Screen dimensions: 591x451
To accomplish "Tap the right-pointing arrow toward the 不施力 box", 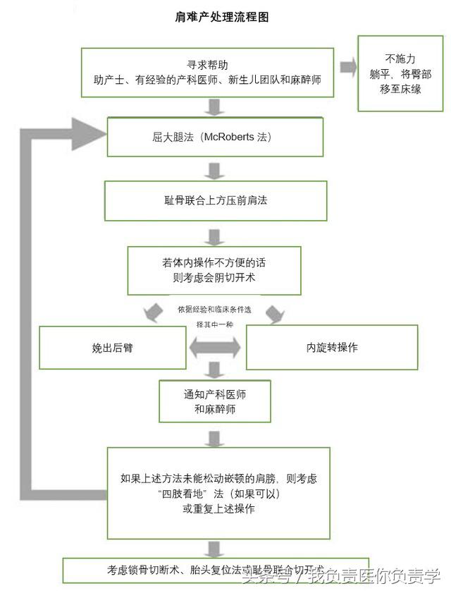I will [x=347, y=68].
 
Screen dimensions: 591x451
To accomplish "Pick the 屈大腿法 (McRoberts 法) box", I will [x=214, y=137].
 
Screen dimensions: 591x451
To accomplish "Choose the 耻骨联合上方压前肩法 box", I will [x=215, y=200].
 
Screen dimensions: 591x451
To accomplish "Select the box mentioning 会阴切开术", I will [x=214, y=269].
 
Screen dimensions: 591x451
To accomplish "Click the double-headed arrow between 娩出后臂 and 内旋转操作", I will [x=214, y=347].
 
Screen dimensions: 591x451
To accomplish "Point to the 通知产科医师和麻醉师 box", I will [x=214, y=401].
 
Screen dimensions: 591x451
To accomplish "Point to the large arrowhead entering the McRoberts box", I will [x=89, y=132].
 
